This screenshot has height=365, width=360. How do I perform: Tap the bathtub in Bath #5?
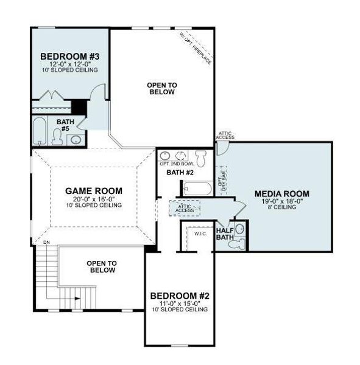[41, 132]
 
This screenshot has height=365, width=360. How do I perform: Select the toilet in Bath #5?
[59, 138]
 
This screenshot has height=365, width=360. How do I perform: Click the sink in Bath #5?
[76, 139]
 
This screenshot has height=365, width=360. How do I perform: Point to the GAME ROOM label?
[94, 190]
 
